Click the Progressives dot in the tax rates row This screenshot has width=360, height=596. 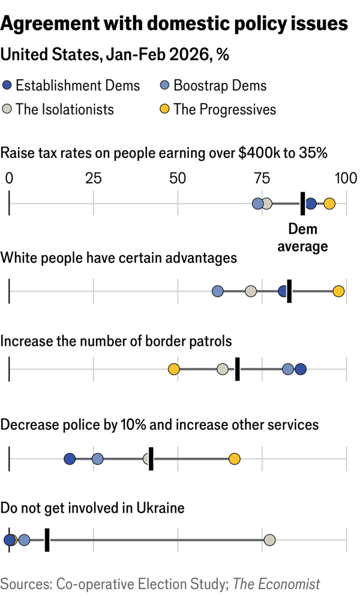point(329,204)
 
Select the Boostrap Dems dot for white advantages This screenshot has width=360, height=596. point(218,291)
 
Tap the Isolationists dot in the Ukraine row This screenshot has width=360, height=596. point(269,540)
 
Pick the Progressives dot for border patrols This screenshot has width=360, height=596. point(173,369)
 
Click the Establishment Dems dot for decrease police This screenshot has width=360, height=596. point(70,459)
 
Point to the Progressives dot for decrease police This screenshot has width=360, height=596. point(235,459)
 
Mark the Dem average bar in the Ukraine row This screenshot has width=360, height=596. point(47,540)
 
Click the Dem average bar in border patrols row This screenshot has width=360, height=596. point(238,369)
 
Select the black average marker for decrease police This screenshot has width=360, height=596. point(151,459)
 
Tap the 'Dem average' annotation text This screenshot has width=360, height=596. point(302,238)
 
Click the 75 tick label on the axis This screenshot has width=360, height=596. point(262,178)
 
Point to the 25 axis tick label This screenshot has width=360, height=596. point(93,178)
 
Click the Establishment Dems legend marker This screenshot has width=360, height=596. point(7,86)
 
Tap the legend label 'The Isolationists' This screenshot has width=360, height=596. point(65,109)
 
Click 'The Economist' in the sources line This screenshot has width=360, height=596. point(277,583)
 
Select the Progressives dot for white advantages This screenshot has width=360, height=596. point(339,291)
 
